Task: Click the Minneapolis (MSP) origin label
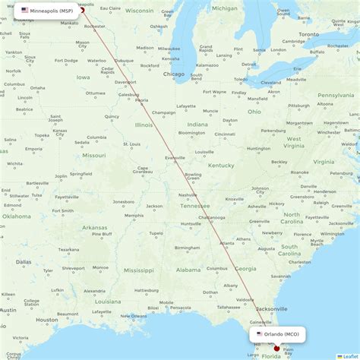(52, 11)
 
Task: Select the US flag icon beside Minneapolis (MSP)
(25, 11)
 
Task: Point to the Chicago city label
(173, 74)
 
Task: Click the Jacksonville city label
(271, 309)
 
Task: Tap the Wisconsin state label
(139, 11)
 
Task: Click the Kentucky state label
(221, 165)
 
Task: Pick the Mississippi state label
(139, 270)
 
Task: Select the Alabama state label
(188, 270)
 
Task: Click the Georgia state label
(245, 268)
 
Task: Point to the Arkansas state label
(95, 227)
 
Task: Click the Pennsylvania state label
(335, 95)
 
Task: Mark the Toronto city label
(308, 35)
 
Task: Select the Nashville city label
(188, 195)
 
